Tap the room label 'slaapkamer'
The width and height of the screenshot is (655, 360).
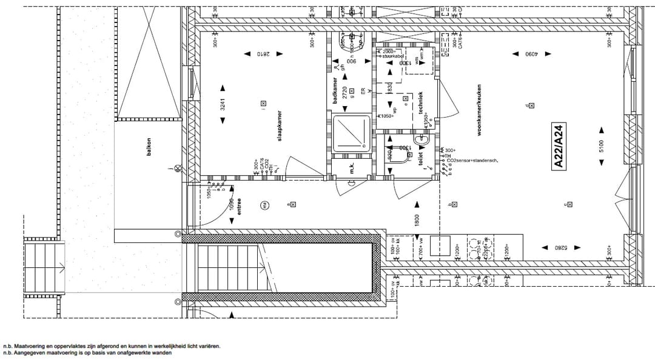click(280, 126)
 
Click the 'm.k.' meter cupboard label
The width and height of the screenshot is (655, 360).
click(352, 168)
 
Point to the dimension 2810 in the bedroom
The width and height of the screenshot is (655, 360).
click(263, 54)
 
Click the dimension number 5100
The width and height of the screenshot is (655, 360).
click(602, 146)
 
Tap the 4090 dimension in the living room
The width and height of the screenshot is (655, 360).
click(532, 54)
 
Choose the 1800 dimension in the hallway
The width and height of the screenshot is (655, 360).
click(417, 221)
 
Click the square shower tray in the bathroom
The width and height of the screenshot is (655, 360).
click(351, 134)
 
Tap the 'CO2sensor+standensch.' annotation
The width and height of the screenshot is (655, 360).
click(472, 161)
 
